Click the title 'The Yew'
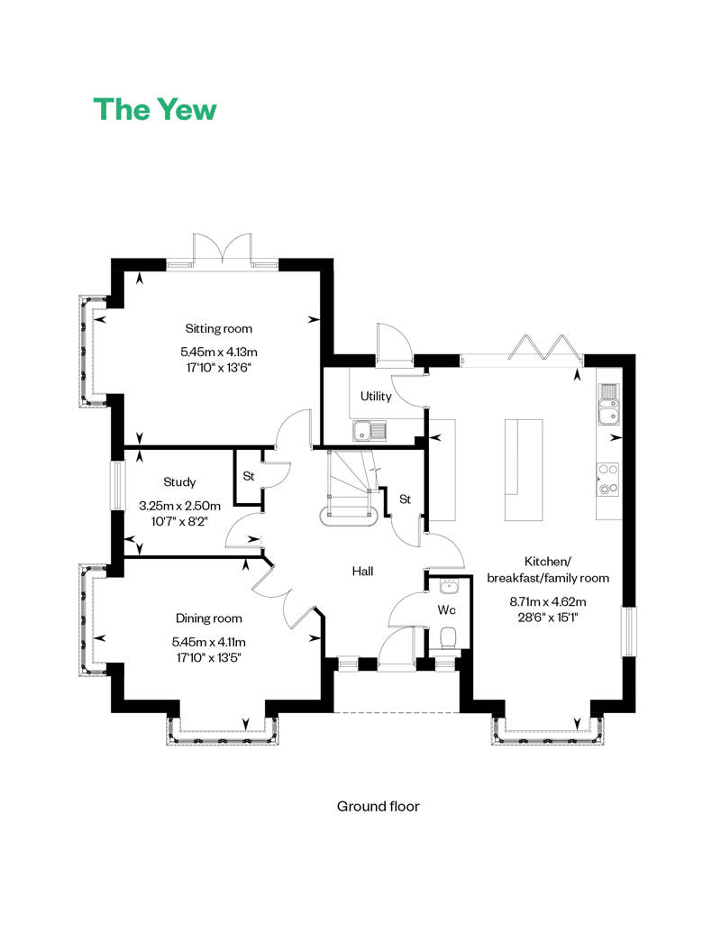[x=155, y=109]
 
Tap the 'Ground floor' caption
[x=378, y=806]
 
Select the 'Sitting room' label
[x=219, y=328]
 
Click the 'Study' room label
[x=179, y=482]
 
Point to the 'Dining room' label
[x=208, y=618]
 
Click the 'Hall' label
[x=362, y=571]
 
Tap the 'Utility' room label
[x=375, y=396]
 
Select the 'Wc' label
[x=446, y=610]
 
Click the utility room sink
[x=370, y=430]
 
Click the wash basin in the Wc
[x=449, y=588]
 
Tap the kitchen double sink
[x=608, y=403]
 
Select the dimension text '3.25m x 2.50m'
[x=179, y=506]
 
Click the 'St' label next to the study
[x=248, y=475]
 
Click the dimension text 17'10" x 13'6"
[x=219, y=367]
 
